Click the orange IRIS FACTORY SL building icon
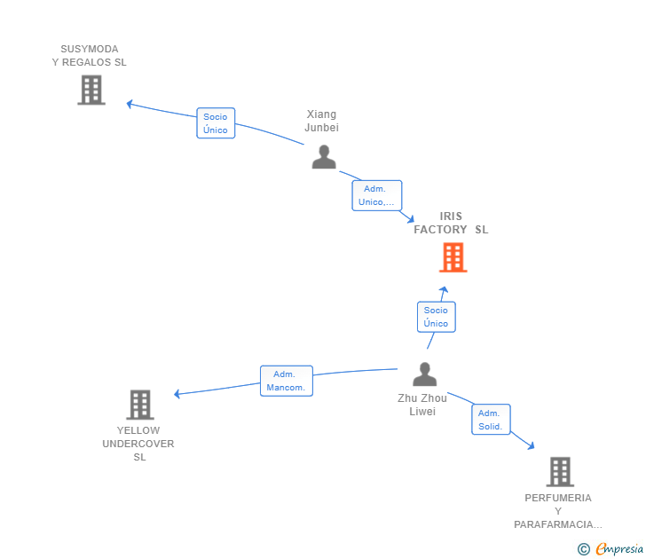pyautogui.click(x=453, y=257)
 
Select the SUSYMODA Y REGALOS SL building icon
pyautogui.click(x=91, y=90)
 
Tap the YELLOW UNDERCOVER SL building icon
pyautogui.click(x=139, y=405)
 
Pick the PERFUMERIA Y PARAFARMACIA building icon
pyautogui.click(x=559, y=471)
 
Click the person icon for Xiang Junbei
pyautogui.click(x=324, y=156)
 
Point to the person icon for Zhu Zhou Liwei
pyautogui.click(x=424, y=374)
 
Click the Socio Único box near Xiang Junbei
pyautogui.click(x=216, y=123)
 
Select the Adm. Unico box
pyautogui.click(x=376, y=195)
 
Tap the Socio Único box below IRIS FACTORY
pyautogui.click(x=436, y=317)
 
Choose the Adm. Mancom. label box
pyautogui.click(x=286, y=381)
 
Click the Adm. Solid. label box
pyautogui.click(x=491, y=420)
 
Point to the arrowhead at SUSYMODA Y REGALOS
pyautogui.click(x=130, y=104)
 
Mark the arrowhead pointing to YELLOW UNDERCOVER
pyautogui.click(x=177, y=394)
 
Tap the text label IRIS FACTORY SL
pyautogui.click(x=451, y=223)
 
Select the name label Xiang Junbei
pyautogui.click(x=322, y=121)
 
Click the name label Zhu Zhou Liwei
pyautogui.click(x=422, y=405)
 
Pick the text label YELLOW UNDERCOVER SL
pyautogui.click(x=138, y=444)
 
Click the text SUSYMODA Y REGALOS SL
pyautogui.click(x=89, y=55)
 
